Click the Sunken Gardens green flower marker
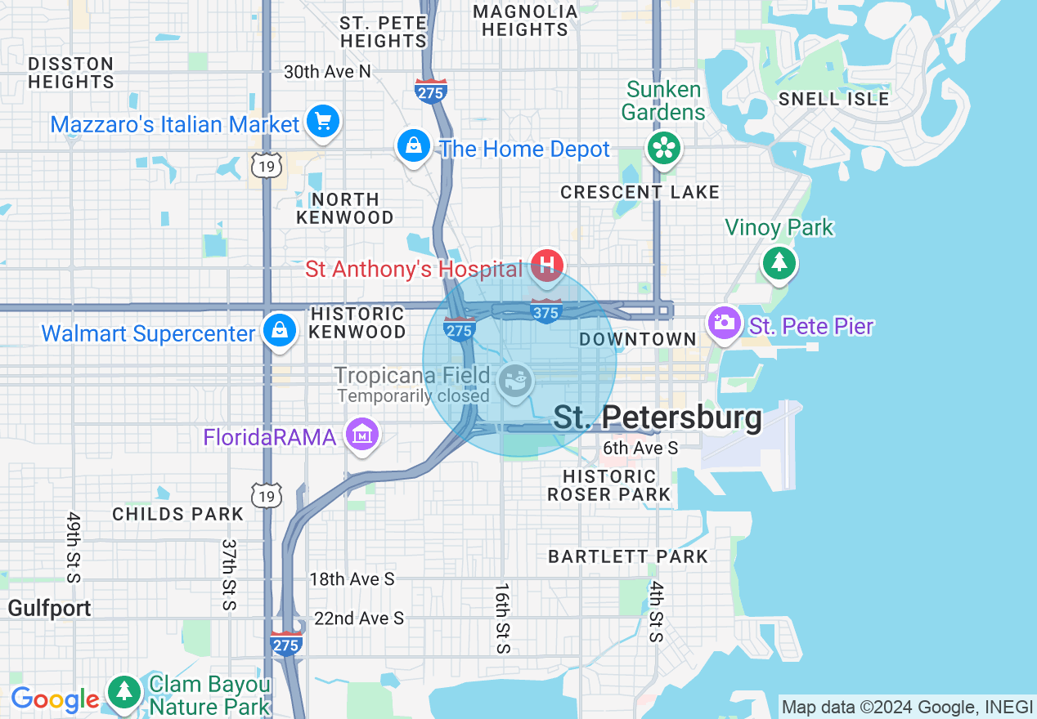coord(664,148)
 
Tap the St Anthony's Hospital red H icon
coord(547,265)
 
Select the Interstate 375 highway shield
coord(546,311)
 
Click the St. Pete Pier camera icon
coord(724,322)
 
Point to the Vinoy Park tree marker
coord(779,262)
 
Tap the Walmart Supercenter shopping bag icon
coord(280,330)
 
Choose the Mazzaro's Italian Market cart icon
coord(323,122)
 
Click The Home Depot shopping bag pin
coord(414,145)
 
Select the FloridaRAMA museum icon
coord(361,434)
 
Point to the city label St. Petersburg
coord(658,418)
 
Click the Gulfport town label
coord(50,609)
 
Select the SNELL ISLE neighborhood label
coord(833,99)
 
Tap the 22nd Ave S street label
coord(359,619)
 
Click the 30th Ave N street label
coord(327,72)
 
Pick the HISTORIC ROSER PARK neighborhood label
coord(609,485)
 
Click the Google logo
coord(55,700)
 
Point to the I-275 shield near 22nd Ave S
coord(286,644)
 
